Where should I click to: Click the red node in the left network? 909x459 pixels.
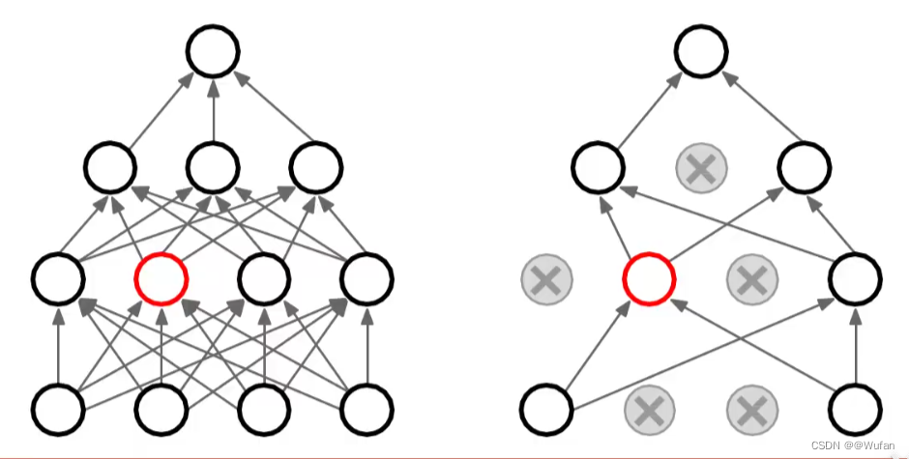161,279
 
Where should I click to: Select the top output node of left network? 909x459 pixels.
213,53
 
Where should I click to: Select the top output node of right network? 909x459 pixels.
702,53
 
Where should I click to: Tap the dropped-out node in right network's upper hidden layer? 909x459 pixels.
701,168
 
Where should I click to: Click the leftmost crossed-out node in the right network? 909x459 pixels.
546,280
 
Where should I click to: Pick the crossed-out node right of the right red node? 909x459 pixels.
752,280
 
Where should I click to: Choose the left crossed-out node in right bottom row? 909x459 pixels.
650,409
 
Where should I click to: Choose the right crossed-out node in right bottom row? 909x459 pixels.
752,409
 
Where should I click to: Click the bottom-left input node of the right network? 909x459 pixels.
546,409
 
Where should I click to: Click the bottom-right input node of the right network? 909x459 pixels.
856,409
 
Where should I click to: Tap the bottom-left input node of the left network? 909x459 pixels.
58,409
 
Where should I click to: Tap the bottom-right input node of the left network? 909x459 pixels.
367,409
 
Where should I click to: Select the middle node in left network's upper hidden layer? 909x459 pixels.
213,168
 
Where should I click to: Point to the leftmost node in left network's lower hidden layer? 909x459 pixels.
58,279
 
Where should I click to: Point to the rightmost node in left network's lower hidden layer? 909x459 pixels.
367,279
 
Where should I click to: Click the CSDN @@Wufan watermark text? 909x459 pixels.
853,445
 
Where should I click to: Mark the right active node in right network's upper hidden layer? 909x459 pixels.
805,168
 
